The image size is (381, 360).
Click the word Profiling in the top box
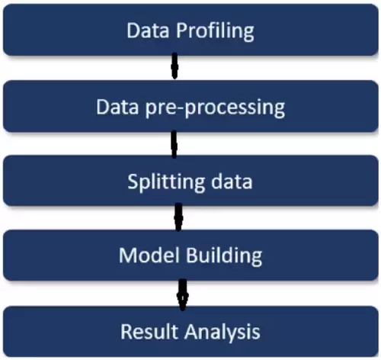[x=215, y=31]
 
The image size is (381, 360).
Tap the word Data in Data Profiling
[x=148, y=31]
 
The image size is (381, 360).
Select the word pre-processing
[x=215, y=108]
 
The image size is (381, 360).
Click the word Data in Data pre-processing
[x=117, y=107]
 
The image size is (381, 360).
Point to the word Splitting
[x=166, y=182]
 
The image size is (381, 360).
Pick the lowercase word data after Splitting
[x=232, y=181]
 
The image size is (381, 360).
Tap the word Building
[x=224, y=256]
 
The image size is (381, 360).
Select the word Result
[x=149, y=331]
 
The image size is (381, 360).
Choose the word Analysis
[x=223, y=333]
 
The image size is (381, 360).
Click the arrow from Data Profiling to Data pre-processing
[x=174, y=66]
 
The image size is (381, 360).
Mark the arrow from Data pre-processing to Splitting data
[x=174, y=144]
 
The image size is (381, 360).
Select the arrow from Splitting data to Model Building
[x=178, y=217]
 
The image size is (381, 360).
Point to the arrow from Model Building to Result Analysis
[x=183, y=295]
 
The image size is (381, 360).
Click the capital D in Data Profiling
[x=133, y=31]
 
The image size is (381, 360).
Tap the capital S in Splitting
[x=133, y=182]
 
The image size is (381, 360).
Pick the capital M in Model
[x=129, y=255]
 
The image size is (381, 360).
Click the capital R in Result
[x=126, y=331]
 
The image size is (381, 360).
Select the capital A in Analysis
[x=192, y=331]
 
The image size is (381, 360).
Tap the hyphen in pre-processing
[x=180, y=109]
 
